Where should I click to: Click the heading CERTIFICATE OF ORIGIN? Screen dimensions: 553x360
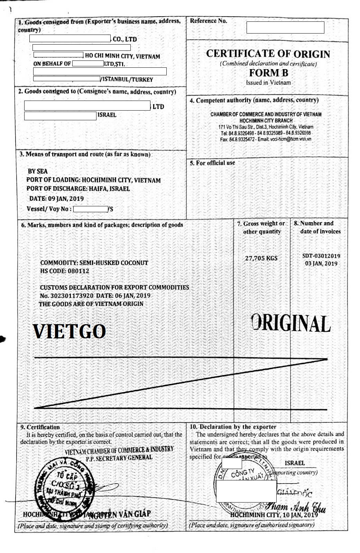[268, 54]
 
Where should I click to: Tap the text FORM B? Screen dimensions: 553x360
[268, 73]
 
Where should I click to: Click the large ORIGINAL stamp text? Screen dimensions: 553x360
[291, 324]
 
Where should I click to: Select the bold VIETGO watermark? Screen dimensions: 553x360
[69, 331]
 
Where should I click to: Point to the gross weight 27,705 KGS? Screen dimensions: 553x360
[261, 258]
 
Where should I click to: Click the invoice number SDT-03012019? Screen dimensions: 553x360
[321, 256]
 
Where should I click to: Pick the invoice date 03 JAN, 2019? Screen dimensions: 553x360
[321, 264]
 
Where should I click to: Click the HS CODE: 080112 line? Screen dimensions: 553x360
[65, 271]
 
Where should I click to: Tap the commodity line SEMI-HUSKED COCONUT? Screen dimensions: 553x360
[94, 263]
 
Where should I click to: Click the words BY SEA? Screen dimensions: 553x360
[38, 171]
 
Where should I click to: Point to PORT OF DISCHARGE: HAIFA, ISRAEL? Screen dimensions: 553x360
[78, 189]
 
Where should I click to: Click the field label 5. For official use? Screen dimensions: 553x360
[212, 163]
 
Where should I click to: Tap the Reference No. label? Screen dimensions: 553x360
[209, 21]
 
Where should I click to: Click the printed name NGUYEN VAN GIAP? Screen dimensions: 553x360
[120, 514]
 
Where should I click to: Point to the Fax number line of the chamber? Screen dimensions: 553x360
[266, 139]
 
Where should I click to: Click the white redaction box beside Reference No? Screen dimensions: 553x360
[285, 27]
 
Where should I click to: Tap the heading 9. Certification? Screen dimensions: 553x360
[40, 427]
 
